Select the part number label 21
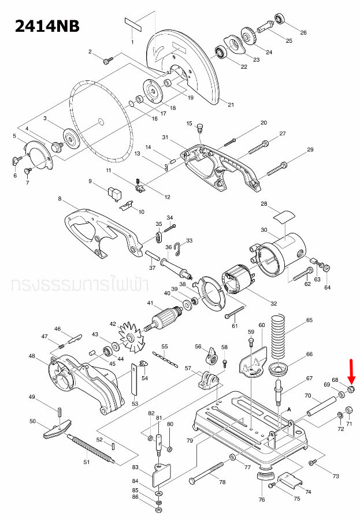pos(231,105)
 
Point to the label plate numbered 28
pos(282,217)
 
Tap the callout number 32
pos(273,303)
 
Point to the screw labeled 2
pos(107,59)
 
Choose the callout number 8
pos(60,199)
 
